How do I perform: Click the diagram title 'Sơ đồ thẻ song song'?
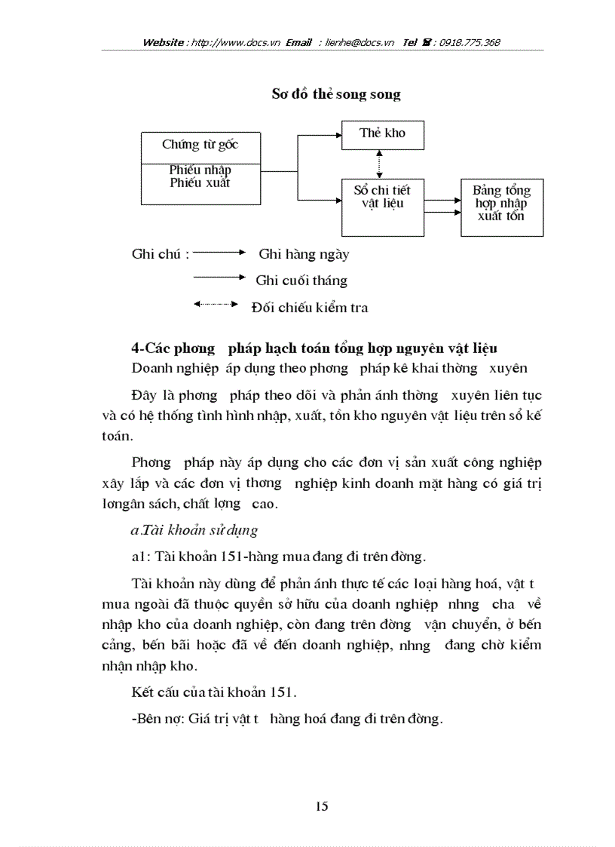pos(336,94)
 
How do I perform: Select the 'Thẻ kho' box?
pos(382,133)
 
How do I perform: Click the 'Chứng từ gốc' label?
pos(200,144)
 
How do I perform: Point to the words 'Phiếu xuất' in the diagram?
pos(200,183)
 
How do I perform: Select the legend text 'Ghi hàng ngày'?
pos(304,254)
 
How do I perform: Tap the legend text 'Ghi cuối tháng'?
pos(301,281)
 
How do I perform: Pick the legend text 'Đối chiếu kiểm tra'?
pos(310,307)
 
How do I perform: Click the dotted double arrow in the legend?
pos(216,304)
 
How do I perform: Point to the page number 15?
pos(322,806)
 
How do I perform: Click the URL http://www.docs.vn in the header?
pos(237,42)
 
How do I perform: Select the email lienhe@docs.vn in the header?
pos(360,42)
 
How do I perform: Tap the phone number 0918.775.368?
pos(466,42)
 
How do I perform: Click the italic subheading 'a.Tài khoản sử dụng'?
pos(194,530)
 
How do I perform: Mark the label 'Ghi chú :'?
pos(160,254)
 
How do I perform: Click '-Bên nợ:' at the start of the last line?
pos(155,719)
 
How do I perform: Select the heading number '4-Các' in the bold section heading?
pos(151,348)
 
